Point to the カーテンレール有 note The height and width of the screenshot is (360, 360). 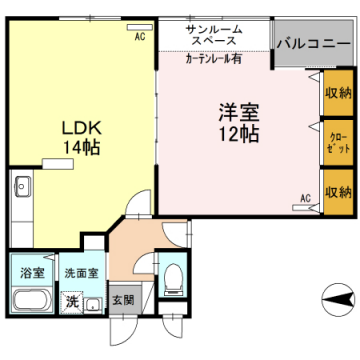(213, 59)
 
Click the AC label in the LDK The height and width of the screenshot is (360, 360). (140, 37)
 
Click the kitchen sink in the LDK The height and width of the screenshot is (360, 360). (23, 187)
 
